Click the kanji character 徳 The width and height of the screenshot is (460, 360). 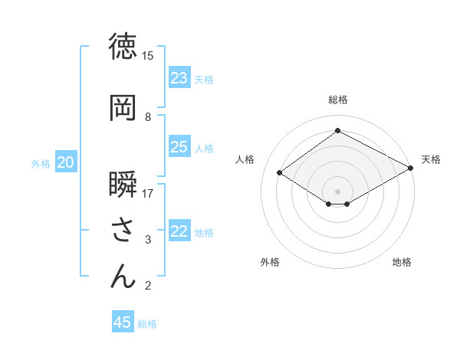tap(123, 47)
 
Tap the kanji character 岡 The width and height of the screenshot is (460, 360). tap(123, 109)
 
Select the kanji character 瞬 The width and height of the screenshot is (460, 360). tap(123, 185)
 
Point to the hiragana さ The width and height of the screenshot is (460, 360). tap(123, 231)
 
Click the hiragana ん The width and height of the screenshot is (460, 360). tap(123, 277)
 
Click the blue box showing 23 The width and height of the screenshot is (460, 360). tap(179, 78)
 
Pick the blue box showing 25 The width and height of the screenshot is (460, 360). tap(179, 147)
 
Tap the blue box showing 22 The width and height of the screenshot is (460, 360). tap(179, 231)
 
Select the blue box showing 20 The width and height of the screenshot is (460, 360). tap(66, 162)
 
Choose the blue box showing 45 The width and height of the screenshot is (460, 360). tap(123, 322)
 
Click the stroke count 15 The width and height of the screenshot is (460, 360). tap(148, 56)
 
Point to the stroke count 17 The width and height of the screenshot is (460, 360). tap(148, 194)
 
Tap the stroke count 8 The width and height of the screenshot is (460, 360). tap(148, 117)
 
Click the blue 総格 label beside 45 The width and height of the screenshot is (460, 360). tap(147, 324)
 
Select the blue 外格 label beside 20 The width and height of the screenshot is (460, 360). tap(41, 163)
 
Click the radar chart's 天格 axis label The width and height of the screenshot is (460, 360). tap(431, 159)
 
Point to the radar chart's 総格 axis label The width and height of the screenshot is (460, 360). tap(337, 100)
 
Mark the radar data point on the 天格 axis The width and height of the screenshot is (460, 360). tap(411, 169)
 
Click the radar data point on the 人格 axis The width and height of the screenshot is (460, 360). tap(280, 173)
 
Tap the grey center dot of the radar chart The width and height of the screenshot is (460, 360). tap(337, 191)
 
